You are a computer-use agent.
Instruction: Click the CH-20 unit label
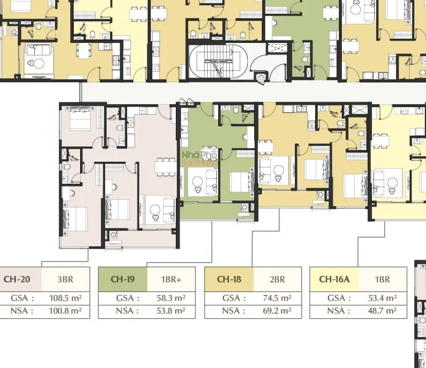point(17,279)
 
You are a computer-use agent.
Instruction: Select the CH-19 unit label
point(122,279)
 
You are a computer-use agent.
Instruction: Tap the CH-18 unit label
point(229,279)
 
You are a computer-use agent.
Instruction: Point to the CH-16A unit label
point(334,279)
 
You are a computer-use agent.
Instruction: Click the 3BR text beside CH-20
point(65,279)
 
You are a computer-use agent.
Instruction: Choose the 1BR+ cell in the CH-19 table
point(171,279)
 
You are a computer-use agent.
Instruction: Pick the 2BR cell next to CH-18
point(277,279)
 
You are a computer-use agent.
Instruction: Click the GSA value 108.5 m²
point(65,298)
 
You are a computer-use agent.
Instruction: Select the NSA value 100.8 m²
point(65,311)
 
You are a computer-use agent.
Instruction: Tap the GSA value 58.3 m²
point(171,298)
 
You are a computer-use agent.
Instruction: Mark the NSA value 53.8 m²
point(171,311)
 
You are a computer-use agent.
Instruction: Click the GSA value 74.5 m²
point(277,298)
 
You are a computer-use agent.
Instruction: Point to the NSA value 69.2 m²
point(277,311)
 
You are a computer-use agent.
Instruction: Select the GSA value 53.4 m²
point(382,298)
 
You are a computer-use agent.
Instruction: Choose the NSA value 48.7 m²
point(382,311)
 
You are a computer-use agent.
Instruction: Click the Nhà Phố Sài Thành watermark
point(200,158)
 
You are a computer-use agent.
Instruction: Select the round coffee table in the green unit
point(197,181)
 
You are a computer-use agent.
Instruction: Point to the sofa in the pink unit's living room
point(169,210)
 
